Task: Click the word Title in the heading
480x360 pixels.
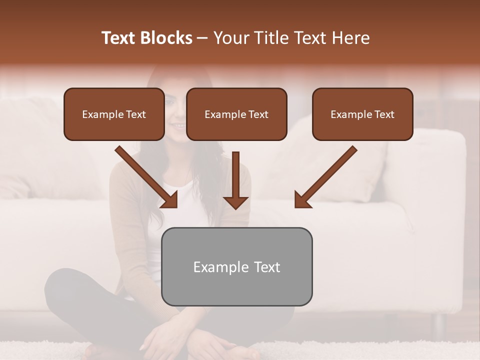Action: click(x=269, y=38)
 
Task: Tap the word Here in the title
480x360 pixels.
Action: click(x=351, y=38)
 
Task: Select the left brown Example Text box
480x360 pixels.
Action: click(x=114, y=114)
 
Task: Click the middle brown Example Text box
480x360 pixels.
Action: click(x=236, y=114)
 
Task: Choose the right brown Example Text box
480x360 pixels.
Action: click(x=362, y=114)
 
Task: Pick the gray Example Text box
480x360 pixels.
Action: click(x=236, y=266)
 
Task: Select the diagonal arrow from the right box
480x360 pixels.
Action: click(x=325, y=177)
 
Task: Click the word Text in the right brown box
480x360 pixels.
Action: click(x=384, y=114)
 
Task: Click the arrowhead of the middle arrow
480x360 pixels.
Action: click(x=235, y=202)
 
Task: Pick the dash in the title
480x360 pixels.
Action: click(x=202, y=38)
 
